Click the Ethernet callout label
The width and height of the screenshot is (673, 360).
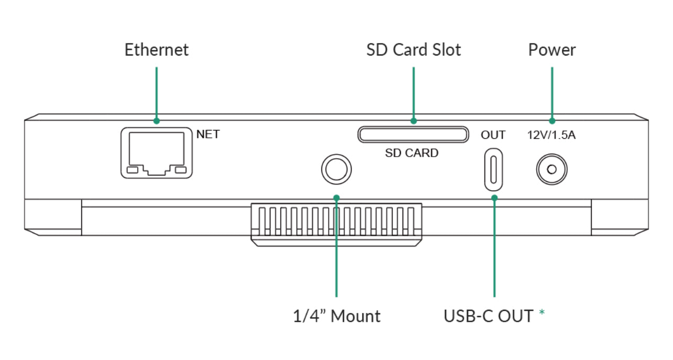pyautogui.click(x=156, y=50)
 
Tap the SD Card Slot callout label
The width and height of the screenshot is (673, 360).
pyautogui.click(x=414, y=50)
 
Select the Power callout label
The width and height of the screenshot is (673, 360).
pyautogui.click(x=551, y=50)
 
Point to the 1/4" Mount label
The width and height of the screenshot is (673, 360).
pyautogui.click(x=336, y=316)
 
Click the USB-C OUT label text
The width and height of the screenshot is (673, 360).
pyautogui.click(x=488, y=316)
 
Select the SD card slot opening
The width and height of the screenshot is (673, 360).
pyautogui.click(x=413, y=135)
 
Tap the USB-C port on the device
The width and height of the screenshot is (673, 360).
pyautogui.click(x=493, y=170)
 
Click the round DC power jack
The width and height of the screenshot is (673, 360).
pyautogui.click(x=551, y=170)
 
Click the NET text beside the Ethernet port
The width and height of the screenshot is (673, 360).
pyautogui.click(x=208, y=134)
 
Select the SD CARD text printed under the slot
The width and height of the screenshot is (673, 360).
pyautogui.click(x=411, y=154)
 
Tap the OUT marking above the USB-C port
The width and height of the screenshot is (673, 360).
pyautogui.click(x=493, y=135)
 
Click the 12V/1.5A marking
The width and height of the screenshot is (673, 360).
pyautogui.click(x=551, y=135)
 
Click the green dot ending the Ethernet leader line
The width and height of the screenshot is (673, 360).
pyautogui.click(x=157, y=121)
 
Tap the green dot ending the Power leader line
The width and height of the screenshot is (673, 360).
pyautogui.click(x=551, y=121)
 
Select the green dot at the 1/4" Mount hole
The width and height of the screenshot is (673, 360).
pyautogui.click(x=336, y=198)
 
